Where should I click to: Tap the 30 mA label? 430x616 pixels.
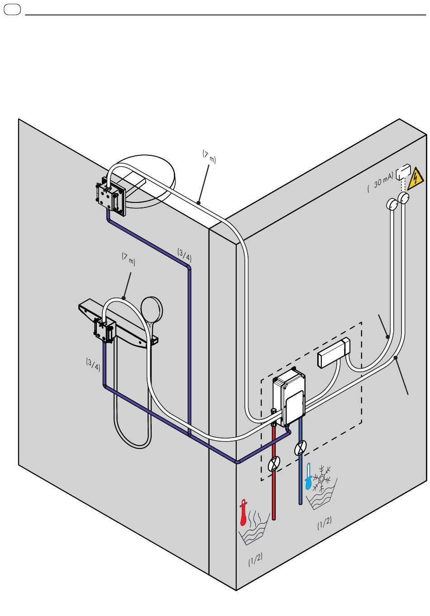381,184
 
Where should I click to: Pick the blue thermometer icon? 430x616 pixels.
309,476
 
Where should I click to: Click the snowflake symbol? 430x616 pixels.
322,477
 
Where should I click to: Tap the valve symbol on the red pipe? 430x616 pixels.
274,464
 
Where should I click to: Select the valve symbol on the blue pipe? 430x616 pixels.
300,448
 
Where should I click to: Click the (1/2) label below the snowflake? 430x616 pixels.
325,524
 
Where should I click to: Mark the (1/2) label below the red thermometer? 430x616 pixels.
255,560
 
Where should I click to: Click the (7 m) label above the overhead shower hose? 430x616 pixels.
209,157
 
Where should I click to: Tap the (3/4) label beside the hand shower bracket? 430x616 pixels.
93,364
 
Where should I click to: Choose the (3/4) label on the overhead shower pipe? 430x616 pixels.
184,256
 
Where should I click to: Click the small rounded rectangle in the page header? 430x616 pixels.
12,9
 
